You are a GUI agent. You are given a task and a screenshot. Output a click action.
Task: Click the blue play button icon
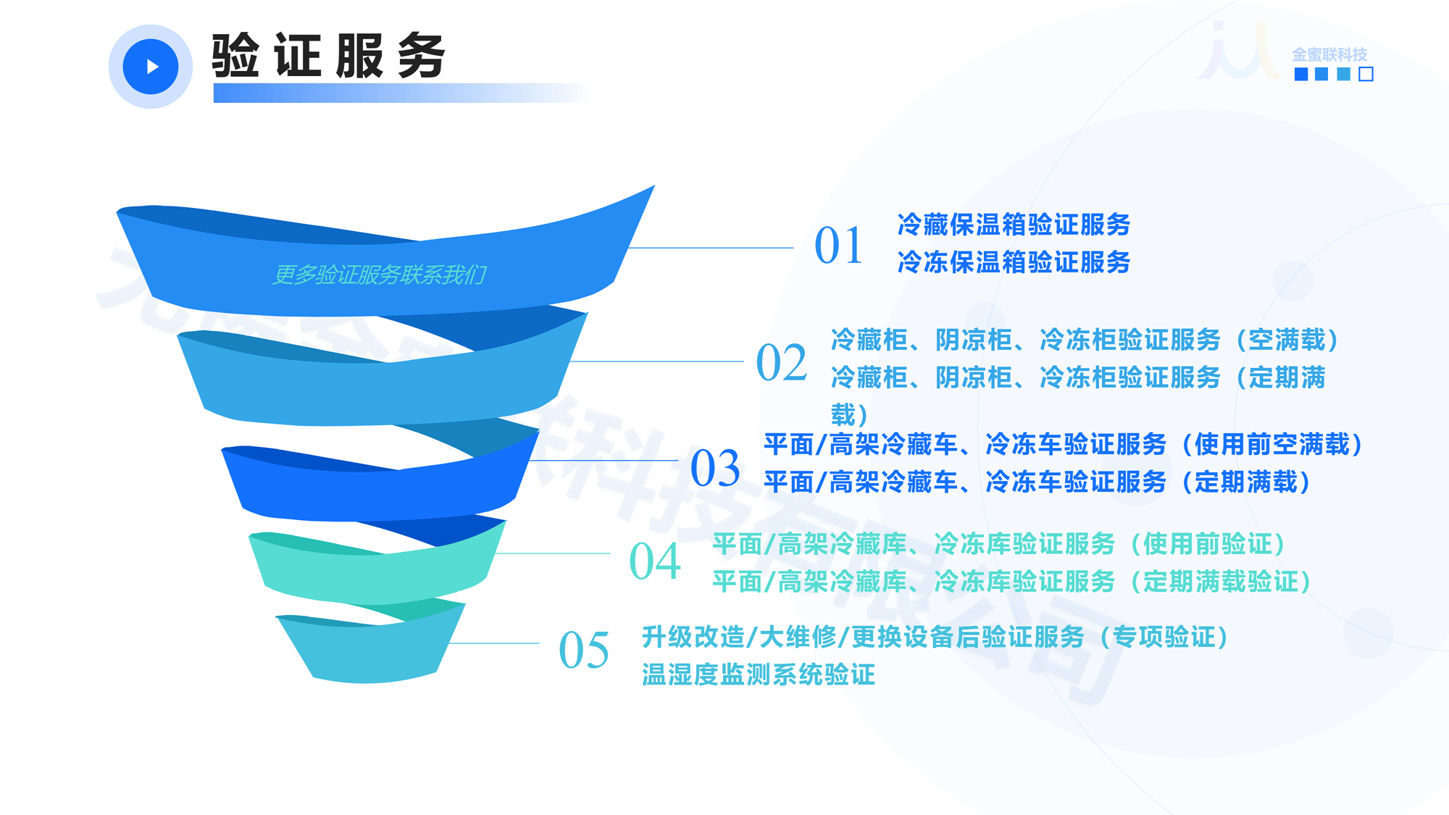click(151, 67)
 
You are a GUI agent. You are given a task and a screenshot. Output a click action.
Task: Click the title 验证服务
click(328, 56)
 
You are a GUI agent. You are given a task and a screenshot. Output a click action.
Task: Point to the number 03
click(715, 468)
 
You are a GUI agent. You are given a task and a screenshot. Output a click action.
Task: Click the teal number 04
click(655, 561)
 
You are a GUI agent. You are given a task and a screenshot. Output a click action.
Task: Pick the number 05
click(584, 650)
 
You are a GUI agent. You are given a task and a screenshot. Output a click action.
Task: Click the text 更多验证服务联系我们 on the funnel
click(379, 275)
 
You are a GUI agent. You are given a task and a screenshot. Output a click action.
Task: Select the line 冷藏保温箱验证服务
click(1014, 225)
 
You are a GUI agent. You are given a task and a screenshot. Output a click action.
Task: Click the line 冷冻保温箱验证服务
click(1014, 262)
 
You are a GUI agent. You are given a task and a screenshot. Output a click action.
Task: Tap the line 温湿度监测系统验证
click(759, 675)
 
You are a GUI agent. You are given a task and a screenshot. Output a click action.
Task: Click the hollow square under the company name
click(1366, 74)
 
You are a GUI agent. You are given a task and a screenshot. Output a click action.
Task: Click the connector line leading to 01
click(710, 248)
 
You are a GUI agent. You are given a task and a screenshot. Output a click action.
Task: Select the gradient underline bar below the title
click(398, 93)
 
